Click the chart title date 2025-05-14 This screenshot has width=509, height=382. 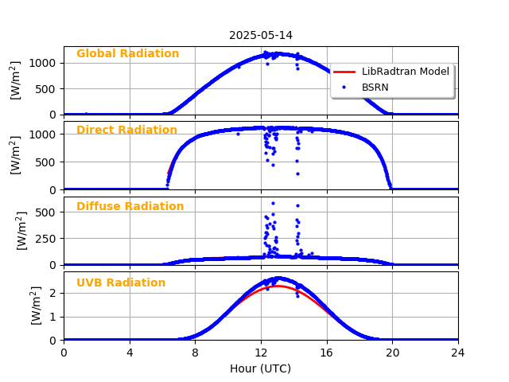[x=261, y=35]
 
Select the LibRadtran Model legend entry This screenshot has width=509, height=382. [x=405, y=72]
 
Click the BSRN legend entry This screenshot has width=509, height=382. [x=375, y=87]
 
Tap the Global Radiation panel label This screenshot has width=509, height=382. [x=127, y=54]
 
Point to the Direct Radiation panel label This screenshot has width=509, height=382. [x=126, y=131]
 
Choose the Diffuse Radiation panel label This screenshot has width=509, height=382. [x=130, y=207]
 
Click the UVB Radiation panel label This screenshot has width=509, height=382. [x=121, y=283]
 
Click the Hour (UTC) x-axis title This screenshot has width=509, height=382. [x=260, y=368]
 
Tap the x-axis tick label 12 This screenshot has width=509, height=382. [x=261, y=352]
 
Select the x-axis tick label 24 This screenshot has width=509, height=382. [x=458, y=352]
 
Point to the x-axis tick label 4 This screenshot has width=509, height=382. [x=130, y=352]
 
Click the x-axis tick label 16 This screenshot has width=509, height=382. [x=327, y=352]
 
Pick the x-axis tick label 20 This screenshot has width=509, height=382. [x=392, y=352]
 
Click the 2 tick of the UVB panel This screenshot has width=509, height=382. [x=54, y=293]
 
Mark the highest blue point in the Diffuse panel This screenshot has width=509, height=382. [x=273, y=203]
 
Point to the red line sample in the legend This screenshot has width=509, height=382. [x=344, y=72]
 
